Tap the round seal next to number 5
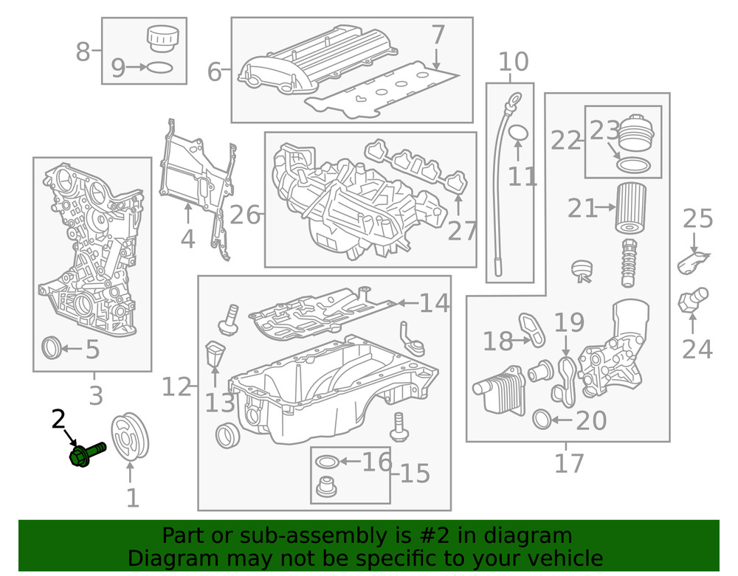[52, 347]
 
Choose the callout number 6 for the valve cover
[214, 72]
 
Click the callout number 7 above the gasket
[438, 35]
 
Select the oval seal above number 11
[519, 133]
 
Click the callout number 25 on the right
[697, 219]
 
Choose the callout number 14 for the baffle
[434, 303]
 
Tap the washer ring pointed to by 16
[328, 463]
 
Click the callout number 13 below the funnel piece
[219, 403]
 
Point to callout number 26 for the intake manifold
[245, 215]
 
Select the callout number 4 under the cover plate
[187, 238]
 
